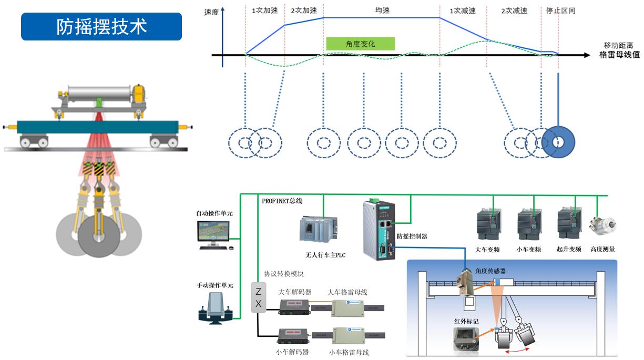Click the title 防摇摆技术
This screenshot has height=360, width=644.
pos(101,27)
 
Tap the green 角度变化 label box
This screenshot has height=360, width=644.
pos(360,44)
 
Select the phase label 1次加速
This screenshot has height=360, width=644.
pos(264,11)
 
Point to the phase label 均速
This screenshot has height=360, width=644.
pos(382,11)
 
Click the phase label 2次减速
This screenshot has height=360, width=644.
pos(514,11)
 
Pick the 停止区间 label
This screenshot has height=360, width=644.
pos(561,11)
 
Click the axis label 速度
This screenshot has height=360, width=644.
pos(211,12)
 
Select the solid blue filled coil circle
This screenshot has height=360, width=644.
pos(558,142)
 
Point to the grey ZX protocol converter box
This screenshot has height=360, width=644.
pos(258,298)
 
